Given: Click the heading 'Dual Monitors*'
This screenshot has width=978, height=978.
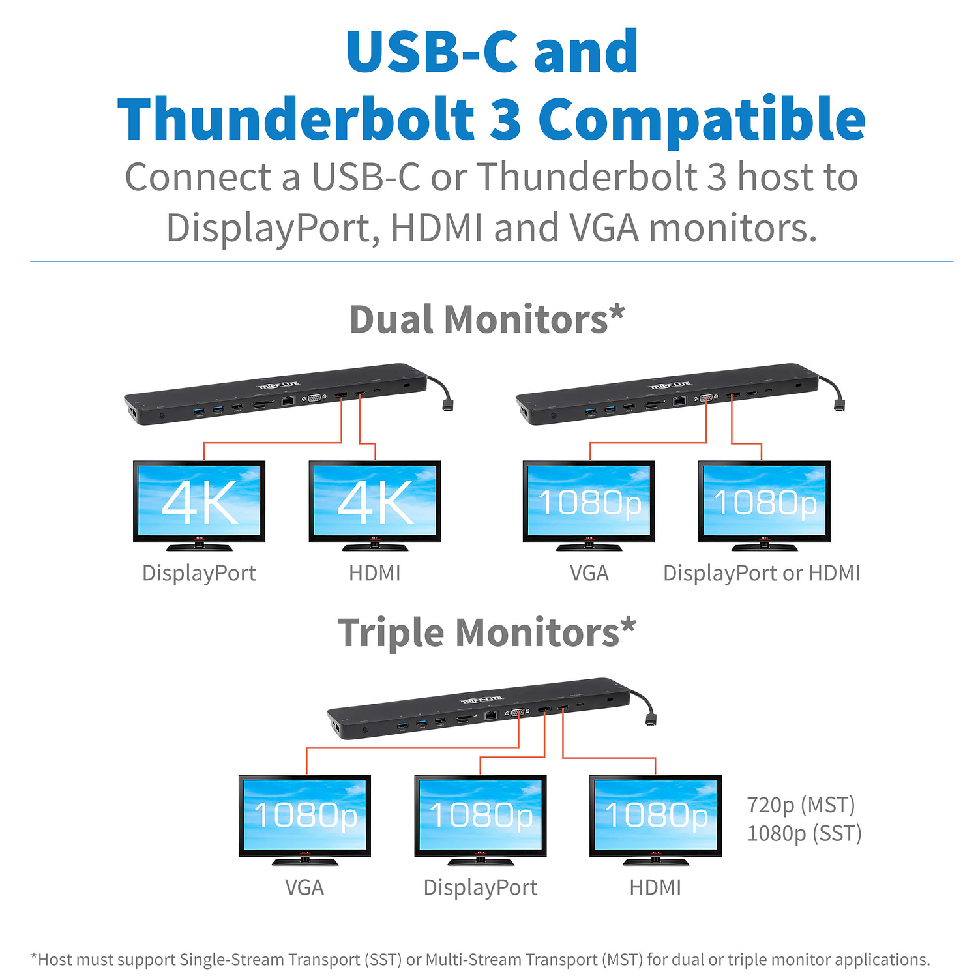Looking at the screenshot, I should (486, 319).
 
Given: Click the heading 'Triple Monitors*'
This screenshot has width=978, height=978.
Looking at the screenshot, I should (486, 633).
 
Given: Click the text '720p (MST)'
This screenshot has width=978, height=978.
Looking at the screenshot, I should (801, 805).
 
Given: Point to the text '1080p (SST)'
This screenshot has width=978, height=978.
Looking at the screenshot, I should (804, 833).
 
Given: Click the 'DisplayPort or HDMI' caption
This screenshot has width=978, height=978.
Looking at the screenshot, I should (762, 573).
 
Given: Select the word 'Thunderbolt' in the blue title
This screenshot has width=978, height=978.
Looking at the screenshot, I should (295, 119).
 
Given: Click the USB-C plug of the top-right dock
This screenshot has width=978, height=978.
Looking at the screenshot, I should (838, 406).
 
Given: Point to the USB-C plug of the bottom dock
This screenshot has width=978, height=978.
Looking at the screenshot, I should (651, 720).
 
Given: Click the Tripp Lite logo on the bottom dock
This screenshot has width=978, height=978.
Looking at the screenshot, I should (482, 700).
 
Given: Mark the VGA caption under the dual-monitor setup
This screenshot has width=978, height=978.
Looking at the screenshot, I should (589, 573).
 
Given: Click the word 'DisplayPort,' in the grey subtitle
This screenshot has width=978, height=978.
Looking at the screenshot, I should (273, 229).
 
